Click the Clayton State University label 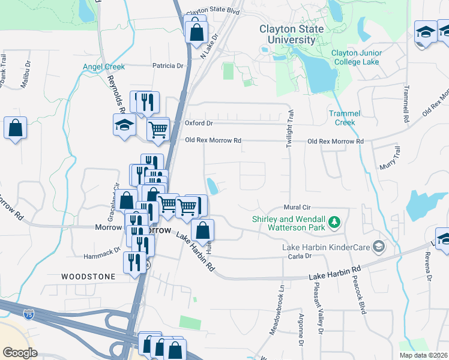(x=291, y=34)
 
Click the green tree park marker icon (x=335, y=224)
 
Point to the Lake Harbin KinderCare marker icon (x=379, y=246)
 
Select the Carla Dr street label (x=300, y=256)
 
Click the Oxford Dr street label (x=199, y=123)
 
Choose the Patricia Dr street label (x=167, y=65)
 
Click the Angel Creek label (x=104, y=67)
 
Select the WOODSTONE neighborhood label (x=88, y=276)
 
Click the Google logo (x=20, y=352)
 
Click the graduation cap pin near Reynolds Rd (x=124, y=125)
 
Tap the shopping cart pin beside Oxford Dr (x=158, y=128)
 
